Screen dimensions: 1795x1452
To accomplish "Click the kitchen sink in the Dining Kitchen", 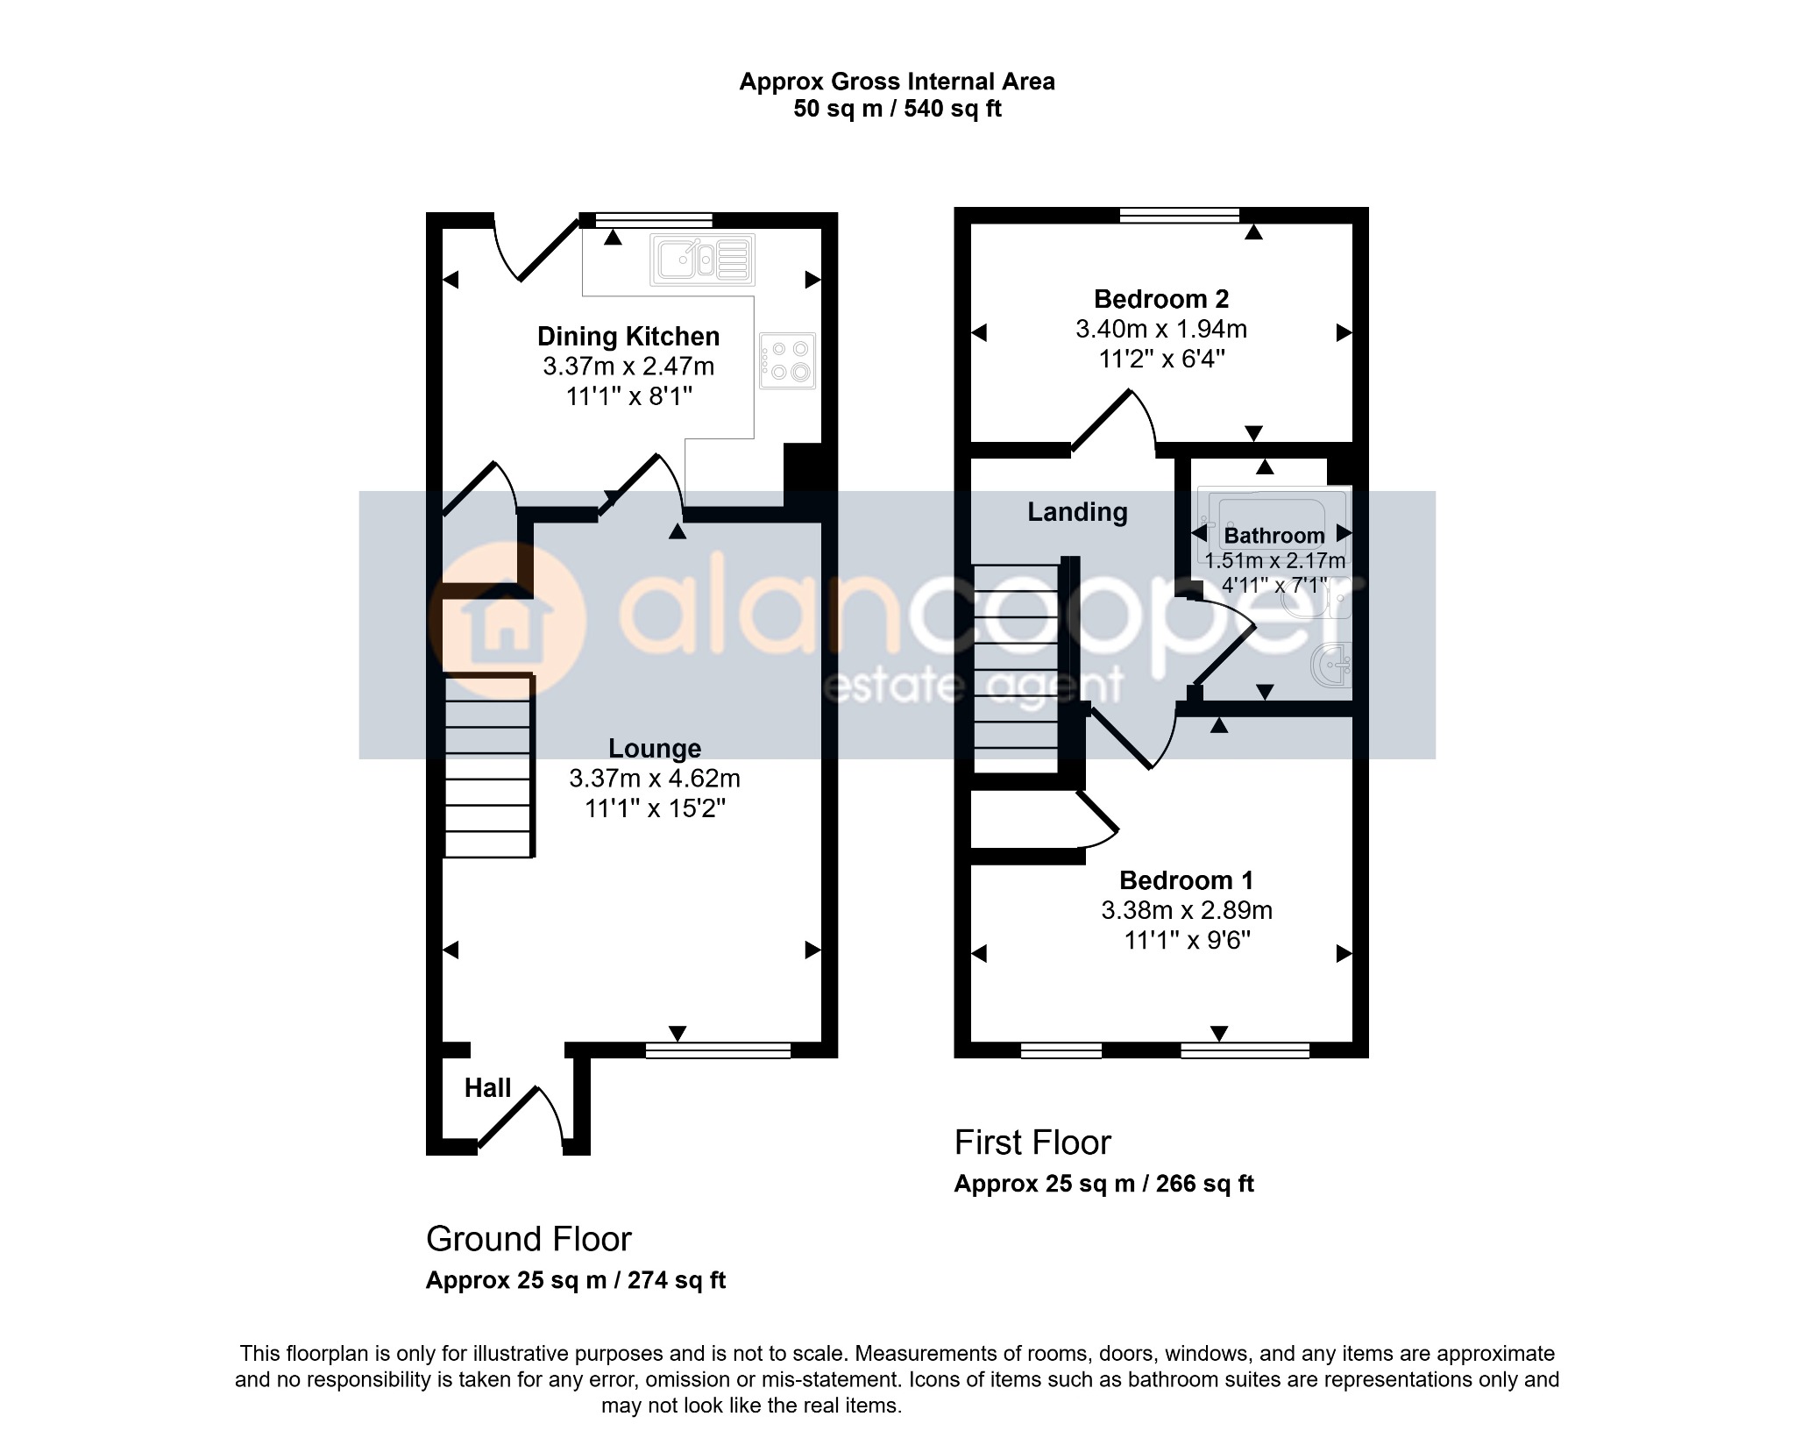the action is tap(702, 260).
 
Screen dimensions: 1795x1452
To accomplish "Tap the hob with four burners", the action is tap(788, 361).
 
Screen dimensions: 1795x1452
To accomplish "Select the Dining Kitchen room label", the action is tap(628, 337).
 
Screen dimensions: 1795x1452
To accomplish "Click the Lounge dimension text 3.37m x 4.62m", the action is tap(655, 779).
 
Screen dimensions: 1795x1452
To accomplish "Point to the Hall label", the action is tap(487, 1088).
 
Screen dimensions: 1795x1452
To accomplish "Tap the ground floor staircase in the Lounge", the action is tap(489, 765).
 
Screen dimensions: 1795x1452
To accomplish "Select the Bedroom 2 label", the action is tap(1161, 299).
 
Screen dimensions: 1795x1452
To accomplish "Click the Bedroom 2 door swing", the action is tap(1112, 421).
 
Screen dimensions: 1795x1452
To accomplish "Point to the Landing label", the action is tap(1077, 512).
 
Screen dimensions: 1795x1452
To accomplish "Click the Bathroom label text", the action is tap(1274, 536).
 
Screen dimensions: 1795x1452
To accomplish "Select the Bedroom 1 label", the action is tap(1187, 880).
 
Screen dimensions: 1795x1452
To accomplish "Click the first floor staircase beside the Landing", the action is tap(1017, 668).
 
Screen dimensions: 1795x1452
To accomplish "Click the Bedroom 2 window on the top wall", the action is tap(1180, 216).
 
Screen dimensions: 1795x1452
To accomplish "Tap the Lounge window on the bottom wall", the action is tap(718, 1050).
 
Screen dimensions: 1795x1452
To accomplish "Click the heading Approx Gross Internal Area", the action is tap(897, 82).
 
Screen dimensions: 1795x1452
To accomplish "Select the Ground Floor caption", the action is tap(529, 1240).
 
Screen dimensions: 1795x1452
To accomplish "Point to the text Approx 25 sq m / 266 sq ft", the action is tap(1103, 1184).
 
